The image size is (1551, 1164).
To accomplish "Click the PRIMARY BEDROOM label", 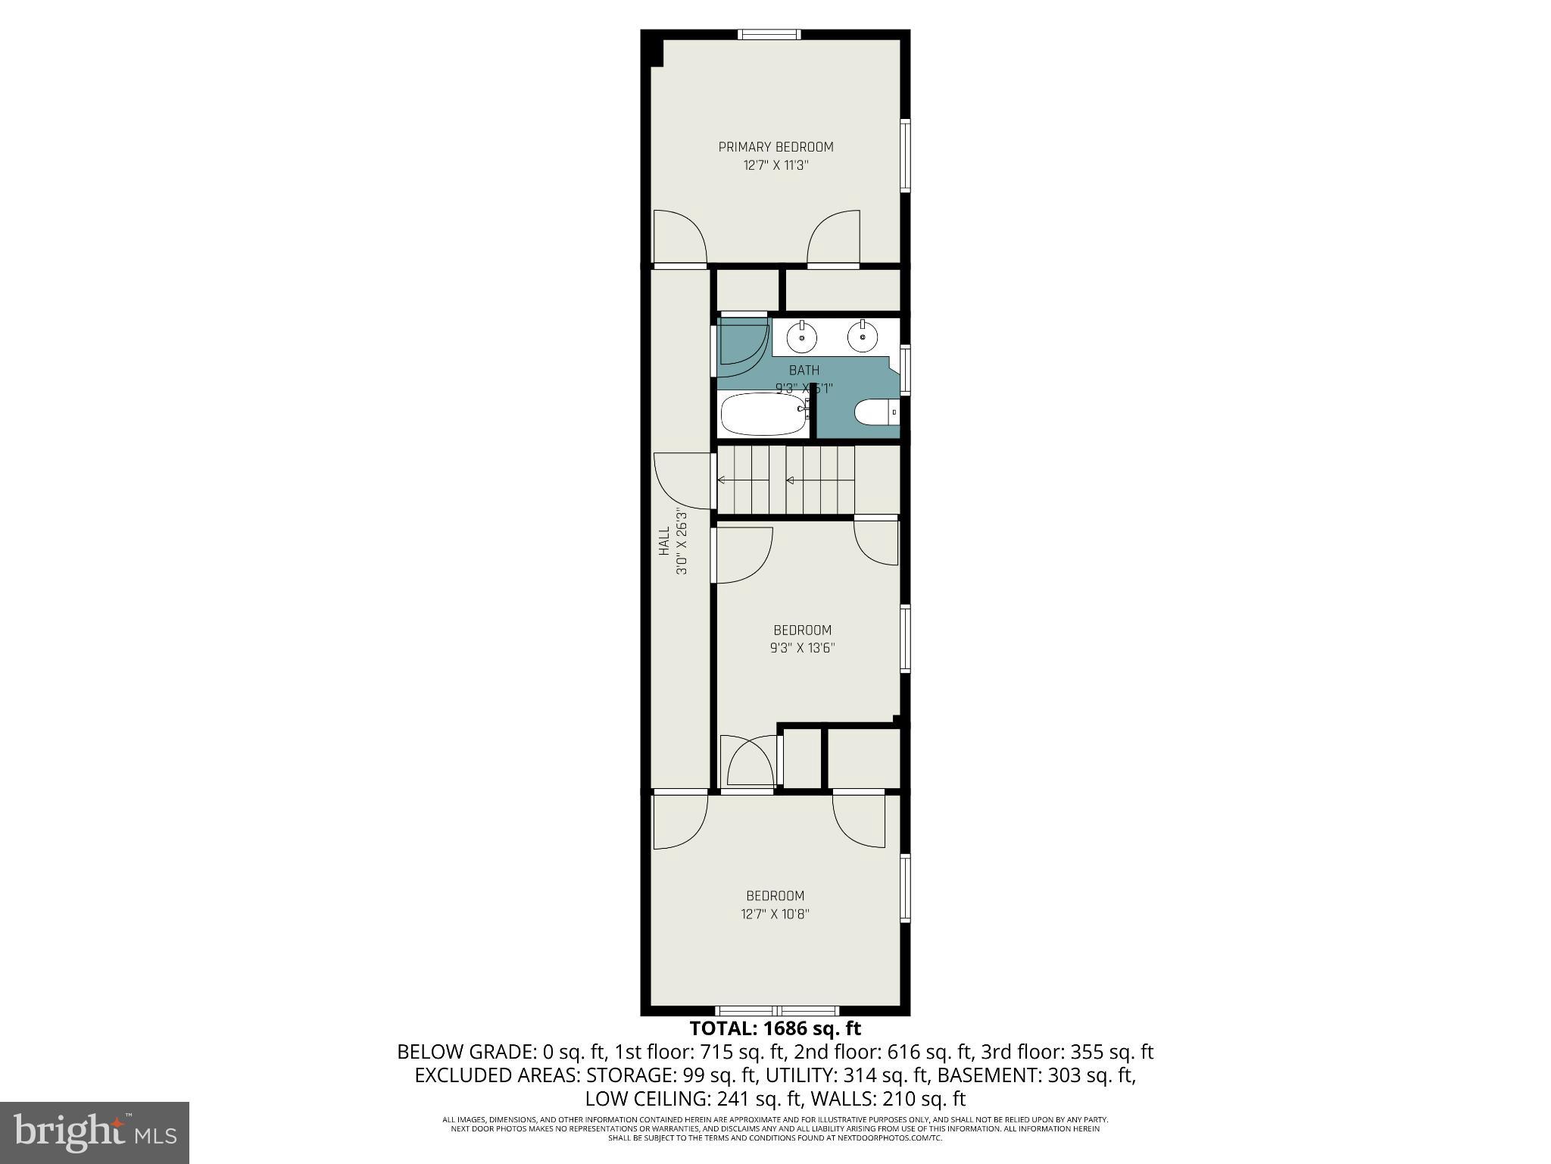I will [x=775, y=147].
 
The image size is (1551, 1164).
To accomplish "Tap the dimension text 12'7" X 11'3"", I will [x=775, y=165].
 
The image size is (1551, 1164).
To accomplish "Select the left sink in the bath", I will [x=801, y=336].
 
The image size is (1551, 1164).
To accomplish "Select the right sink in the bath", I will [x=863, y=336].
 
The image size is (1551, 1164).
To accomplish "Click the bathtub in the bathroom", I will [x=763, y=414].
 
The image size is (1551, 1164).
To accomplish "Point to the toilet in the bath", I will [x=875, y=413].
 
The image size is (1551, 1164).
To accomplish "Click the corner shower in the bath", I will [x=740, y=347].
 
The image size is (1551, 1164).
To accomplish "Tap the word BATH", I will [x=804, y=371].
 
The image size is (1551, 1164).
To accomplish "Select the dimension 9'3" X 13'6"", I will [x=802, y=648].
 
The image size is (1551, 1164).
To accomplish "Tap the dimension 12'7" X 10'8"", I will [x=775, y=914].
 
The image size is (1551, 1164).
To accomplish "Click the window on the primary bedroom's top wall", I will [x=769, y=34].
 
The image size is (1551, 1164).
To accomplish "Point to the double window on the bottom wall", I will [x=777, y=1010].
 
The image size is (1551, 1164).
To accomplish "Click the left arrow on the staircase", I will [x=721, y=480].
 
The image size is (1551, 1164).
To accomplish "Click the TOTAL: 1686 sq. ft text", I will [x=775, y=1029].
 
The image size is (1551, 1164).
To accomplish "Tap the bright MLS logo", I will [x=95, y=1133].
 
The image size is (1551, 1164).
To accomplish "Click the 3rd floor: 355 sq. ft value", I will [x=1067, y=1052].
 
